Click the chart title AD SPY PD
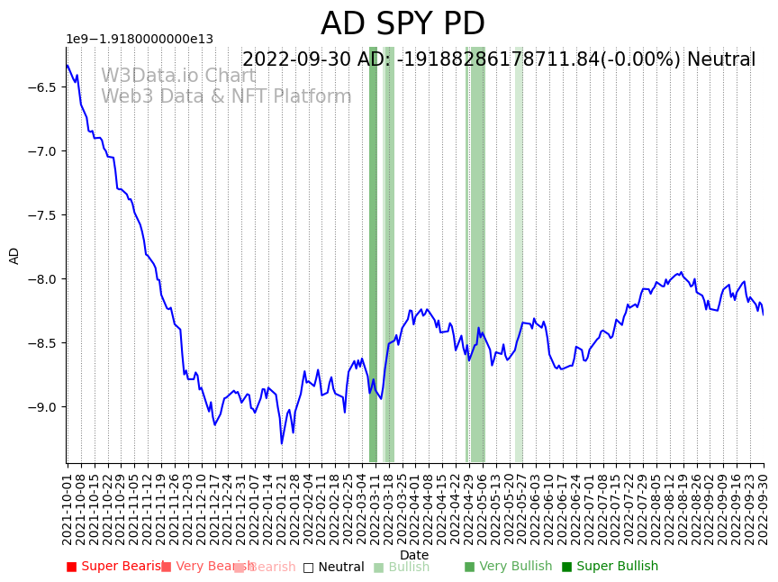[403, 24]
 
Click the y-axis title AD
[14, 255]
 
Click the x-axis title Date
[414, 555]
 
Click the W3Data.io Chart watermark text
[178, 76]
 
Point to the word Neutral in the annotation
[721, 59]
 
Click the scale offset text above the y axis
[140, 39]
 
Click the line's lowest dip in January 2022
[281, 442]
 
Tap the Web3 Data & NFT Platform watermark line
[226, 96]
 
